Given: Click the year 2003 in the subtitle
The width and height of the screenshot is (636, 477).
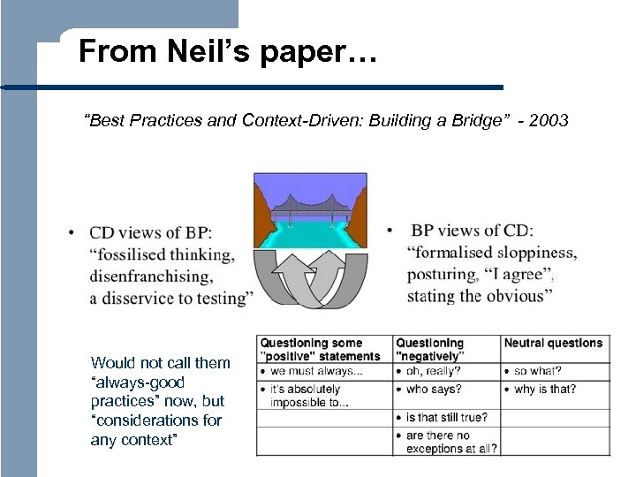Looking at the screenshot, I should pos(548,120).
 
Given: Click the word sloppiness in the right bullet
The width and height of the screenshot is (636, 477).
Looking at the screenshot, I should pos(534,253).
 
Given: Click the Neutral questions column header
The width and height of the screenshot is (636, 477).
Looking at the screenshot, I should pos(553,343).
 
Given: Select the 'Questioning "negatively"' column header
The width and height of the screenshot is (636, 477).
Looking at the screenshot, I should pos(430,349).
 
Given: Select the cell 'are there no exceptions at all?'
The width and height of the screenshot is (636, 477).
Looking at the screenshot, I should pos(450,442).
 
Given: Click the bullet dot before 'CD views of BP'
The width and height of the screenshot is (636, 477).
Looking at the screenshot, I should pos(70,233).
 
